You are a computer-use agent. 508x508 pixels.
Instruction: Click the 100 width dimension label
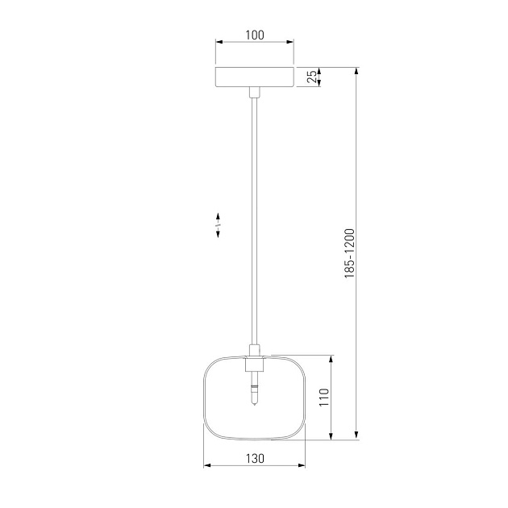click(255, 35)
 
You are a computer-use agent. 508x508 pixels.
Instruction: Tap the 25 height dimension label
click(312, 77)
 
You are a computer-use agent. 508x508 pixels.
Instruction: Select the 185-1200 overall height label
click(350, 253)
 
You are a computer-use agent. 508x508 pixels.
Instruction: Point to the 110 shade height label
click(324, 398)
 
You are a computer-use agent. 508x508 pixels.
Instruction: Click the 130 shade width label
click(255, 459)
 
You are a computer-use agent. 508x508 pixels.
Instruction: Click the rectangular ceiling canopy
click(255, 77)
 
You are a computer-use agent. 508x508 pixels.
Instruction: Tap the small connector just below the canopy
click(255, 93)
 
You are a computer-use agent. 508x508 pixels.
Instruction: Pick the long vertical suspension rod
click(255, 221)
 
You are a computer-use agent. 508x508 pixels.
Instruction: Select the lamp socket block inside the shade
click(255, 364)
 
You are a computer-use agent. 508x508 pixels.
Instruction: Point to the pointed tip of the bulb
click(255, 405)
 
